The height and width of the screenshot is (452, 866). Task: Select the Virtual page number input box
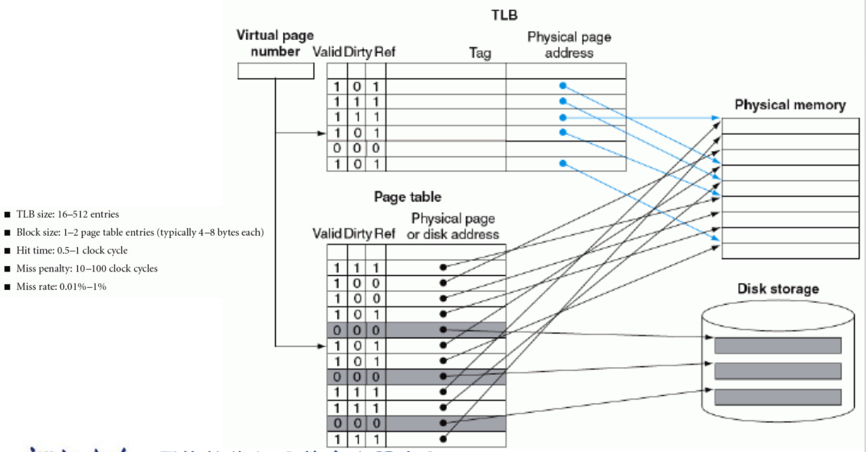click(x=275, y=70)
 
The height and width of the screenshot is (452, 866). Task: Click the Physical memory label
click(x=790, y=105)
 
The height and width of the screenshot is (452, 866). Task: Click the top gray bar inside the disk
click(x=778, y=345)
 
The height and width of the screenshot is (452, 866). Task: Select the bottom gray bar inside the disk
click(x=778, y=397)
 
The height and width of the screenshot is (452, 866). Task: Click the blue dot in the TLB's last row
click(x=562, y=164)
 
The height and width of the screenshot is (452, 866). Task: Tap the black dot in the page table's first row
click(x=442, y=267)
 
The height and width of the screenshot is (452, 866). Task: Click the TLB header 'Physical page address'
click(x=564, y=47)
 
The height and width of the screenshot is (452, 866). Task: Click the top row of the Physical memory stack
click(x=790, y=126)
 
